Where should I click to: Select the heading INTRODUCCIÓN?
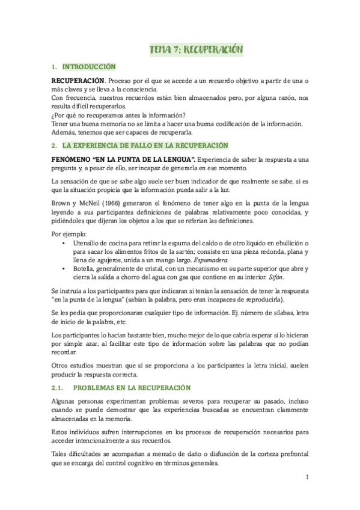click(88, 67)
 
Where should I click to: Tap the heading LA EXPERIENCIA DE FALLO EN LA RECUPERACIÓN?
click(146, 146)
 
